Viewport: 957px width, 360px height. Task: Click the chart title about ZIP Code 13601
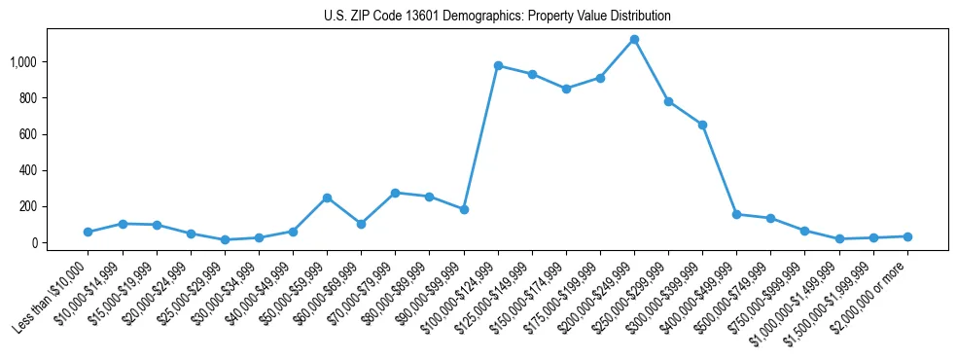click(x=497, y=17)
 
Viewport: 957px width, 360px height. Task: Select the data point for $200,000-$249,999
click(x=634, y=39)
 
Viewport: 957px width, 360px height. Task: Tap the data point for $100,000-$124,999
click(x=498, y=65)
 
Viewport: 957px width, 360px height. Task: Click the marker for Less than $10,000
click(x=89, y=232)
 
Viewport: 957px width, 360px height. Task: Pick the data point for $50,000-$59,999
click(x=327, y=198)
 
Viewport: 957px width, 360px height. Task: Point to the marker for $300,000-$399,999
click(x=702, y=125)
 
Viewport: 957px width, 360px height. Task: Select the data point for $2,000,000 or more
click(x=906, y=236)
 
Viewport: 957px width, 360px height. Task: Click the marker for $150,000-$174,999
click(x=566, y=89)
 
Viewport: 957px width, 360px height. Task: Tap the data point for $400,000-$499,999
click(x=736, y=214)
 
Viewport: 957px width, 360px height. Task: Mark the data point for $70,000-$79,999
click(x=395, y=193)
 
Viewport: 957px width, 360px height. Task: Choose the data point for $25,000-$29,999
click(x=225, y=239)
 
